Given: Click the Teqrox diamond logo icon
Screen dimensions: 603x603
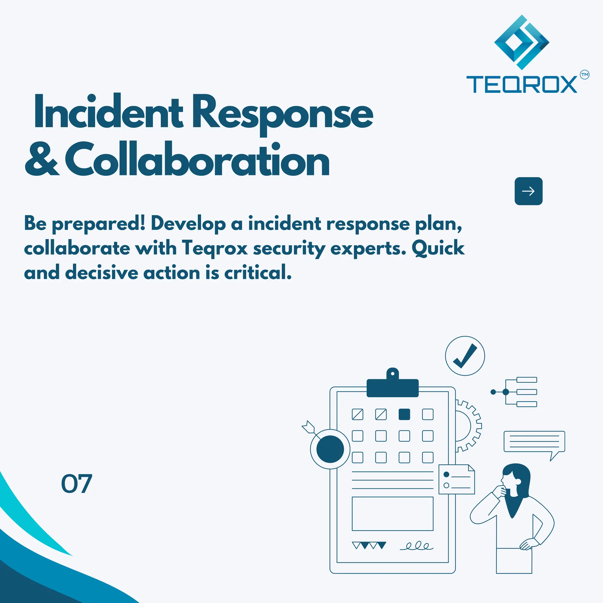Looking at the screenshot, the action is click(521, 42).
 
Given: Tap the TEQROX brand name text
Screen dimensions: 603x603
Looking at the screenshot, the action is click(521, 84).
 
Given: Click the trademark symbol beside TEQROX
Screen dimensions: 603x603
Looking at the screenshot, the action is click(584, 75).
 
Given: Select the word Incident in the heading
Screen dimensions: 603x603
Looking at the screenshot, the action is click(108, 112).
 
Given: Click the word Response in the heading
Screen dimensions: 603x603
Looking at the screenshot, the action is click(282, 112).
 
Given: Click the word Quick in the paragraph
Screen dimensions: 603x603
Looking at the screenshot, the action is click(438, 249).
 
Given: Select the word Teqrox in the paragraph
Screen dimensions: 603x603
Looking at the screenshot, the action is click(215, 249).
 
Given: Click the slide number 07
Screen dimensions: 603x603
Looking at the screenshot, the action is click(77, 484).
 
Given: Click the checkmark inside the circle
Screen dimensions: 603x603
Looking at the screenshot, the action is click(465, 356).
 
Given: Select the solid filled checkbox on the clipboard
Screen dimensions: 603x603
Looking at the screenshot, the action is click(404, 415).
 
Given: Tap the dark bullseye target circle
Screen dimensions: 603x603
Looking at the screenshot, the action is click(330, 449).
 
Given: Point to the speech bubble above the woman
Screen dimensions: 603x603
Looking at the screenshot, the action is click(534, 442).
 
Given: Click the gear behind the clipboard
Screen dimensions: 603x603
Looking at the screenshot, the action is click(468, 426).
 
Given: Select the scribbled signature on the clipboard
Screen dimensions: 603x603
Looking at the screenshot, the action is click(417, 546).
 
